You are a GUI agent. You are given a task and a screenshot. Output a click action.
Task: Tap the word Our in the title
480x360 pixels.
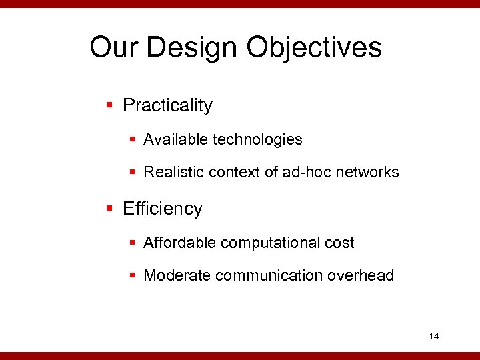point(115,48)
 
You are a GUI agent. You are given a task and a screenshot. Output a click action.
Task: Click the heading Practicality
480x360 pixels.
point(167,105)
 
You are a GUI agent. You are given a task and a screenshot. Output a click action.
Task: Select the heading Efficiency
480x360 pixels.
point(163,209)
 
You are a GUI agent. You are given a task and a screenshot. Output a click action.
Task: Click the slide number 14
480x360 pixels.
point(434,336)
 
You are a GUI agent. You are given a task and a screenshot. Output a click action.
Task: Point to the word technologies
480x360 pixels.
point(257,139)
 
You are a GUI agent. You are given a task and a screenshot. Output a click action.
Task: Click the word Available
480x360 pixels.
point(175,139)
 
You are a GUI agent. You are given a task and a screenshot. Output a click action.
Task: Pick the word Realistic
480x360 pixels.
point(174,172)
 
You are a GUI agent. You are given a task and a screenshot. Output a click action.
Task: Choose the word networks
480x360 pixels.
point(367,172)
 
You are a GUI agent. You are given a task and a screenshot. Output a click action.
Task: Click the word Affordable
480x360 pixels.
point(180,243)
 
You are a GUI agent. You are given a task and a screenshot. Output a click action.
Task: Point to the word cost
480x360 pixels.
point(340,243)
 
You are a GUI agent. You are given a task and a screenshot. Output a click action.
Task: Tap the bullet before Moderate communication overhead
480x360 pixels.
point(133,275)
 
